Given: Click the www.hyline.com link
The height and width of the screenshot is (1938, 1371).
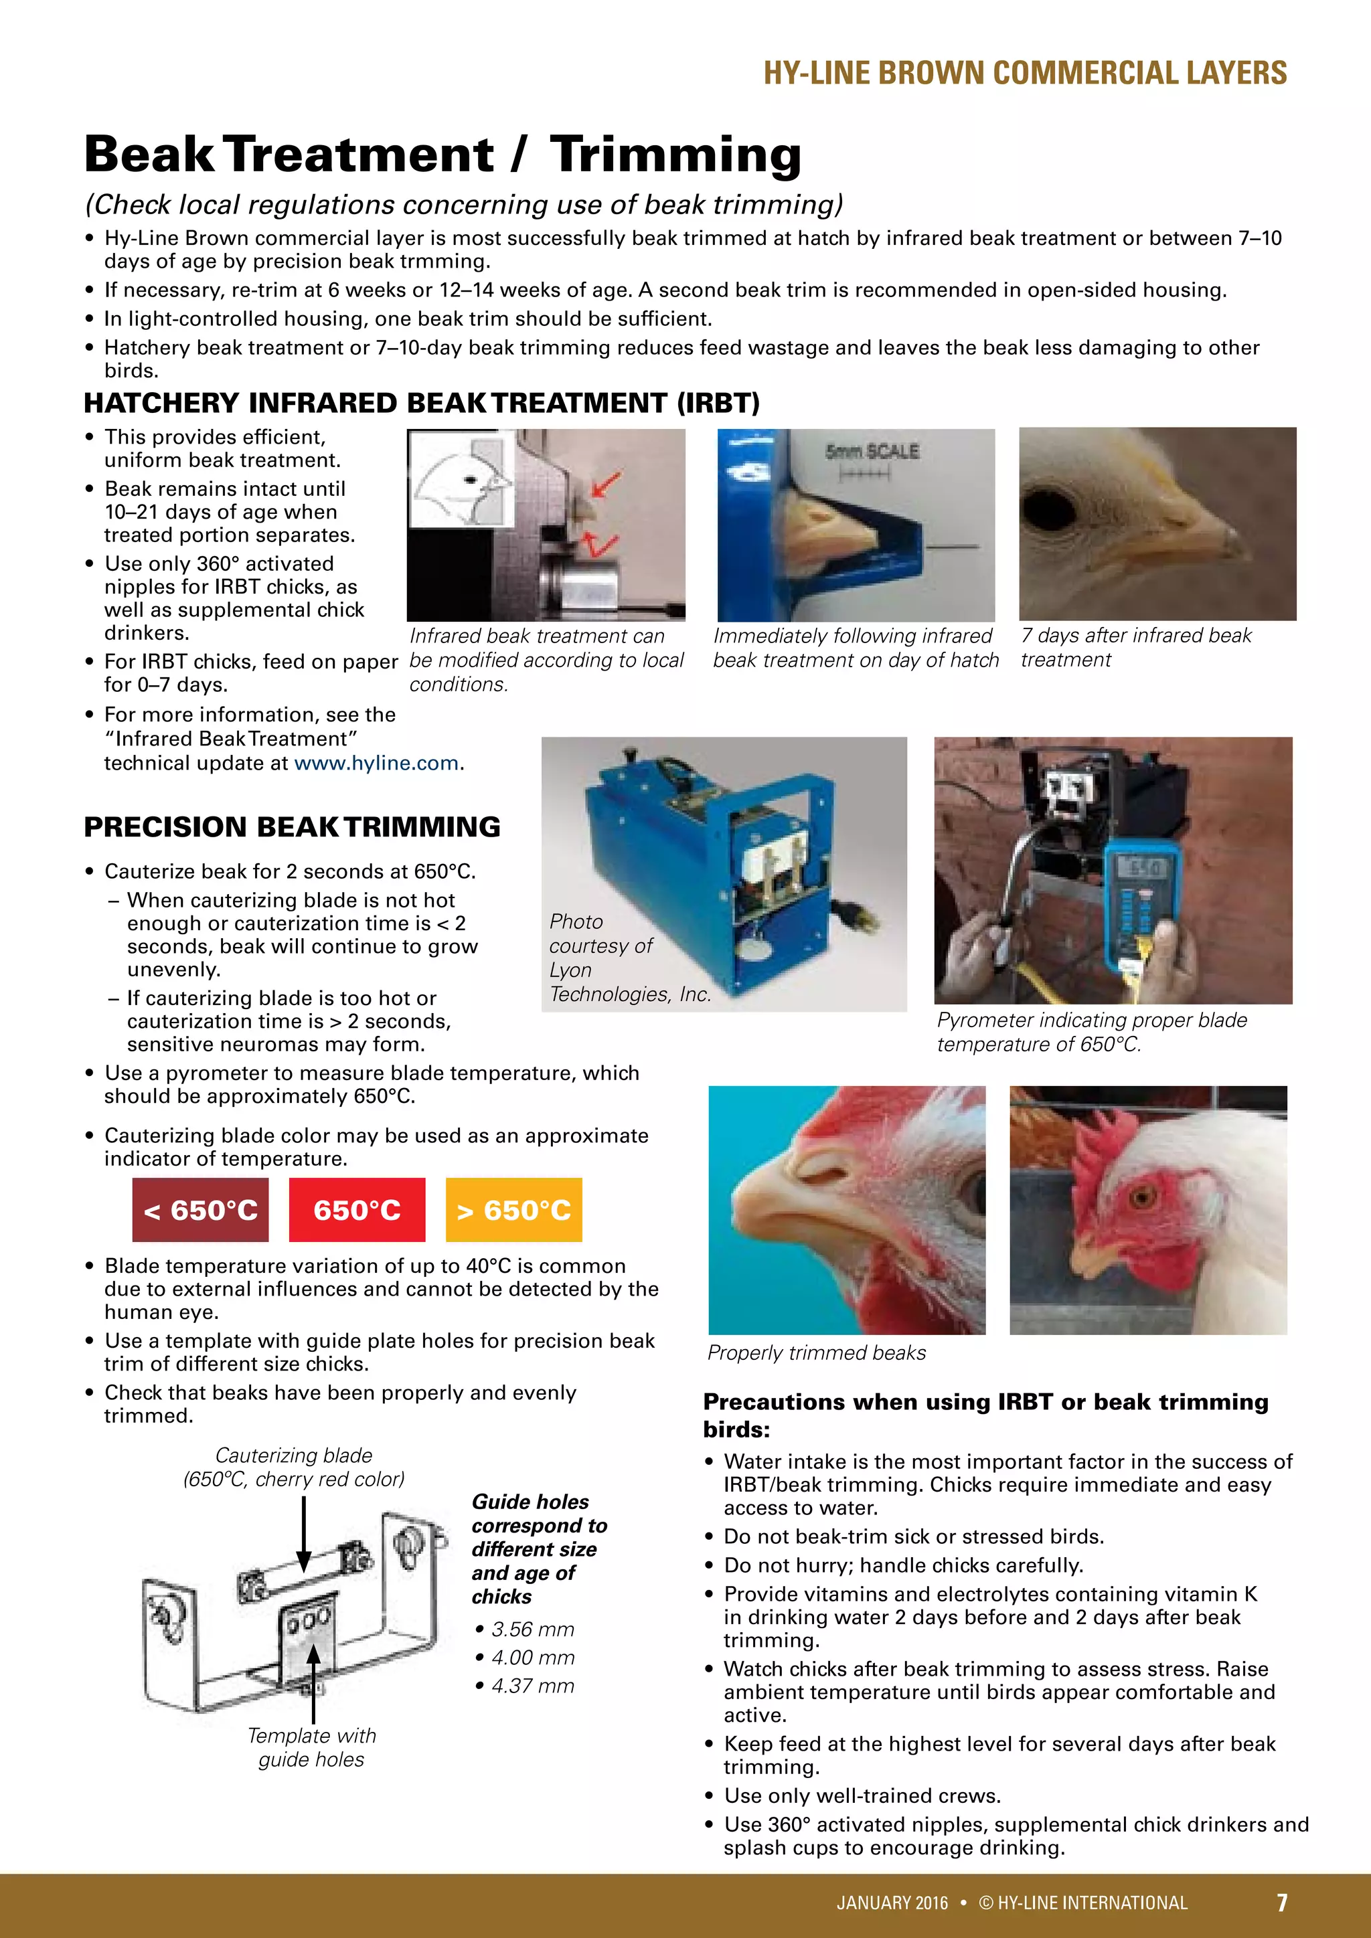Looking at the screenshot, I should [x=376, y=763].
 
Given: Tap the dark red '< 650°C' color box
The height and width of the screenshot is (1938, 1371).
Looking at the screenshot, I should [x=200, y=1209].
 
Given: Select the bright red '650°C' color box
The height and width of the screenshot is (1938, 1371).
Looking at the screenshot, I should [x=357, y=1209].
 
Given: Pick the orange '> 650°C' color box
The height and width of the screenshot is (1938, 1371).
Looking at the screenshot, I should [x=514, y=1209].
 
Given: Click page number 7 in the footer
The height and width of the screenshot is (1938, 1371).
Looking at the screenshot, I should [x=1281, y=1902].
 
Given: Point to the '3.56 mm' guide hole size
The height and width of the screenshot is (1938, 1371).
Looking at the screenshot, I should [x=532, y=1629].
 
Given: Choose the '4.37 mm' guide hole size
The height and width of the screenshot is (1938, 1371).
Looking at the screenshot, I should [x=532, y=1686].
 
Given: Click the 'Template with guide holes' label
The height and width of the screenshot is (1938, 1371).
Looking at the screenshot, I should [x=311, y=1747].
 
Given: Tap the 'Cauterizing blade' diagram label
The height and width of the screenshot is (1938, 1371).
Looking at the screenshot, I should [x=294, y=1456].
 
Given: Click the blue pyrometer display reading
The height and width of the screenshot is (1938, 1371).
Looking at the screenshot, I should [x=1139, y=867].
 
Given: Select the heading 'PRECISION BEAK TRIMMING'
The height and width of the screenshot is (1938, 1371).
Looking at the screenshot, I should [x=292, y=826].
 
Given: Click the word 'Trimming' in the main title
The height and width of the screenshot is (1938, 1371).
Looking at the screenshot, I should [x=675, y=155].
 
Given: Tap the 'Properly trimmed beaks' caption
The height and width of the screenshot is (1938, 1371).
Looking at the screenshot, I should [x=816, y=1352].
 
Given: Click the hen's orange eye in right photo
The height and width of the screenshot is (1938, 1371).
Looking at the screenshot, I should [x=1144, y=1197].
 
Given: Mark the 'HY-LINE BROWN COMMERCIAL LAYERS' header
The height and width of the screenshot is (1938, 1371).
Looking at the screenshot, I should [x=1025, y=74].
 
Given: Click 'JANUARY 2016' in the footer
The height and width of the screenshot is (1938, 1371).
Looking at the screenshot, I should [x=892, y=1903].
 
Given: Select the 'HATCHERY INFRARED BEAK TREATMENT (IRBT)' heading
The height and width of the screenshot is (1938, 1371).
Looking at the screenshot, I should [x=421, y=403].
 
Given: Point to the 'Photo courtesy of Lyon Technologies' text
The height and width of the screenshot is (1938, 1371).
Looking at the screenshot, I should [x=629, y=958].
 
